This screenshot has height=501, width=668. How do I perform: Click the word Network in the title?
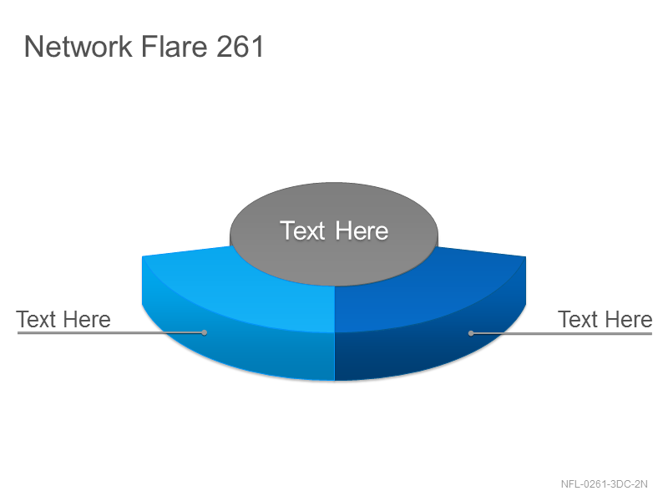tap(78, 46)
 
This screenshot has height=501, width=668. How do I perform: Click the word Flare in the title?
tap(174, 46)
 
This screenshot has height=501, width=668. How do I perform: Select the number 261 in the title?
tap(240, 46)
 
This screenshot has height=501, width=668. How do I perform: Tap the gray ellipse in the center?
tap(333, 234)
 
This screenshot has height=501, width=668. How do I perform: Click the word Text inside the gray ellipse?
tap(302, 231)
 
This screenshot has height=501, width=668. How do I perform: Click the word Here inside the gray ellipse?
tap(362, 231)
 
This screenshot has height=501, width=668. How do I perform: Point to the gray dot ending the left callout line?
tap(205, 332)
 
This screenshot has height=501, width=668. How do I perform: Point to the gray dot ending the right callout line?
tap(471, 333)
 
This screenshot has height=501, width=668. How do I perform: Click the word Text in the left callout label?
tap(36, 320)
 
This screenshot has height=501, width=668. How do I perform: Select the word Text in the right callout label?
tap(578, 320)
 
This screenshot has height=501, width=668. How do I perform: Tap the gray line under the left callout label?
tap(111, 332)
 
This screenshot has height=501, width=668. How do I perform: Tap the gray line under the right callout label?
tap(561, 333)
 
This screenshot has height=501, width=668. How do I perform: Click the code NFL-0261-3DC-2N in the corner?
tap(604, 484)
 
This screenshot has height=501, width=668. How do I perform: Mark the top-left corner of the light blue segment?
tap(142, 256)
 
